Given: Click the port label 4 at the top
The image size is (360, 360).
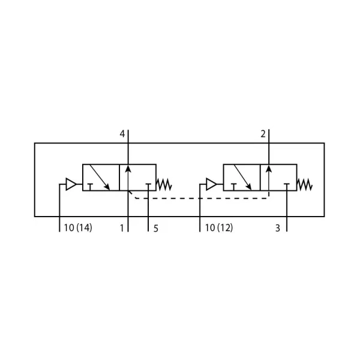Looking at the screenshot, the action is (x=122, y=134).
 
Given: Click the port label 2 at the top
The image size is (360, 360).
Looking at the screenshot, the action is (x=263, y=134).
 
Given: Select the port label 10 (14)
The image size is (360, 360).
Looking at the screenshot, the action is (x=78, y=228).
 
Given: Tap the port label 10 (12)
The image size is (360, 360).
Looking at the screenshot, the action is (x=219, y=228).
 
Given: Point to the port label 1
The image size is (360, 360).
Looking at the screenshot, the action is (x=122, y=228).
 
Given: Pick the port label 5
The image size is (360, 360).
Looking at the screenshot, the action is (x=156, y=229).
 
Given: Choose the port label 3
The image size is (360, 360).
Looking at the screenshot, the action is (x=278, y=228).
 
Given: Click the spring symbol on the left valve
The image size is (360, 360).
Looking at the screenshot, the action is (x=164, y=184).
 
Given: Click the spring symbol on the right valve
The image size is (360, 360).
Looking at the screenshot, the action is (x=304, y=184).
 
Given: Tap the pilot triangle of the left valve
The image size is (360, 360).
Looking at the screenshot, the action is (x=71, y=184).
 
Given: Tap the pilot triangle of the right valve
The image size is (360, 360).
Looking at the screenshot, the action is (x=211, y=184).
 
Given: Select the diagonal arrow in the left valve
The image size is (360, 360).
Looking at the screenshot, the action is (x=100, y=177).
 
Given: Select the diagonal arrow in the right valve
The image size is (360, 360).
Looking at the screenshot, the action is (x=242, y=177).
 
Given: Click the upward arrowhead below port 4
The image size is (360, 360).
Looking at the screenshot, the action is (x=128, y=168).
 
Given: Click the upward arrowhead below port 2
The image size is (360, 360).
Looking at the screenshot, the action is (x=269, y=168).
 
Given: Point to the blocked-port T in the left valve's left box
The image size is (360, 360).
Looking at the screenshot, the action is (x=90, y=187).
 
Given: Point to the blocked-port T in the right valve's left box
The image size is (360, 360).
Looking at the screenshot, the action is (x=233, y=187).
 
